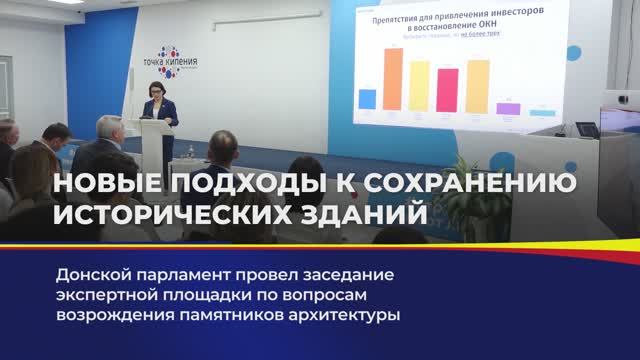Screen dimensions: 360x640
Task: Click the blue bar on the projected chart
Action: pyautogui.click(x=367, y=99)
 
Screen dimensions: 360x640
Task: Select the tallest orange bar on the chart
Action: pyautogui.click(x=393, y=79)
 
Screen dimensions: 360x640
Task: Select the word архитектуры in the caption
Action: pyautogui.click(x=345, y=317)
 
